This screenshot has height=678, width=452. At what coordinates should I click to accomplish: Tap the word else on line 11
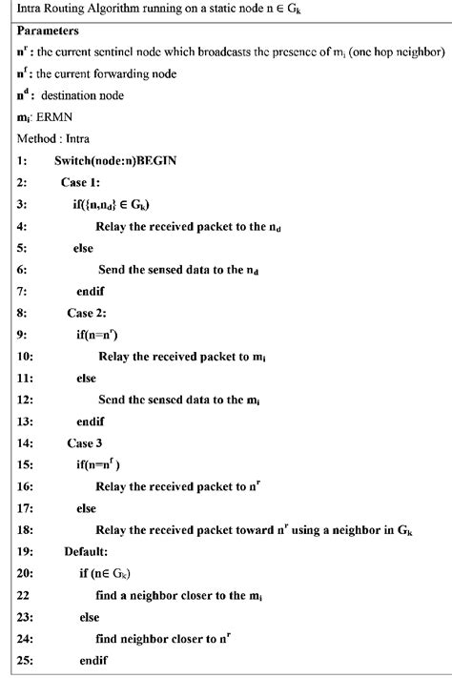[90, 378]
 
